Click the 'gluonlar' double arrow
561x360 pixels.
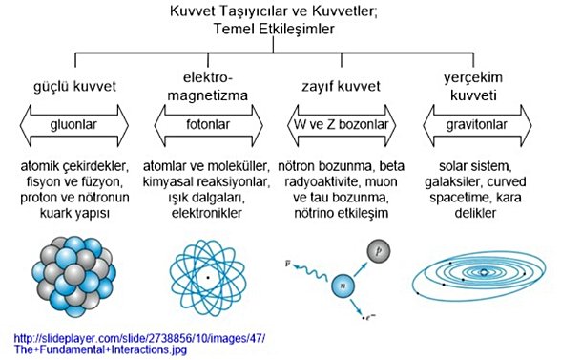(x=73, y=124)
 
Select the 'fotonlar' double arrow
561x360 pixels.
(x=205, y=124)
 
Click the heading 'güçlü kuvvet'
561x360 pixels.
(x=73, y=87)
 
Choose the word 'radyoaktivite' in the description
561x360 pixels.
(x=321, y=182)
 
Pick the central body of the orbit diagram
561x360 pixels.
(x=485, y=274)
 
